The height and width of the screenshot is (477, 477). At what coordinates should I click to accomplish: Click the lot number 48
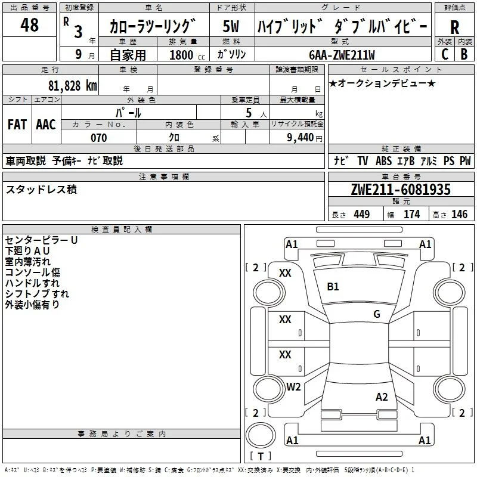(29, 24)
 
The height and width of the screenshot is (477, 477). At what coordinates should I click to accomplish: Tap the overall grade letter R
(454, 27)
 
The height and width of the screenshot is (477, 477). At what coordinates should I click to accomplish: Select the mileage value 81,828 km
(73, 86)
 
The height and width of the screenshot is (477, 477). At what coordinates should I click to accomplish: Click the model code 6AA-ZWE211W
(342, 55)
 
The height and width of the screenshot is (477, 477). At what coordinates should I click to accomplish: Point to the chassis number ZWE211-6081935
(401, 190)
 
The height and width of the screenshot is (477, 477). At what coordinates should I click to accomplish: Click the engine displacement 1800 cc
(187, 55)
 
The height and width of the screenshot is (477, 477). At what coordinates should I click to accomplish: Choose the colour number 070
(99, 138)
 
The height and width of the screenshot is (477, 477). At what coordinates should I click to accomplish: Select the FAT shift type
(17, 125)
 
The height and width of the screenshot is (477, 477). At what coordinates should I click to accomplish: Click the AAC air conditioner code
(46, 125)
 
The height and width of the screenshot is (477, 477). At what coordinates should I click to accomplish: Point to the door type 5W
(231, 26)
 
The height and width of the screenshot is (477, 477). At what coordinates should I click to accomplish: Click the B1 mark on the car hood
(333, 287)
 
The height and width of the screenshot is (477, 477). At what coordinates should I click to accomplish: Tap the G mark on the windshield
(377, 314)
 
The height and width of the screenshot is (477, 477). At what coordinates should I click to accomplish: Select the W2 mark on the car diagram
(293, 387)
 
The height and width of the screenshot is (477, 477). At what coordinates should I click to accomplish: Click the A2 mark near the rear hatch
(382, 397)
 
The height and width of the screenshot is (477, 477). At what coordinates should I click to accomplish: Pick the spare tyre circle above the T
(261, 436)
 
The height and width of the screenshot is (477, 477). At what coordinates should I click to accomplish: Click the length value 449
(362, 214)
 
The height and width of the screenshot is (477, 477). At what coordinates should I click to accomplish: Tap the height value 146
(459, 214)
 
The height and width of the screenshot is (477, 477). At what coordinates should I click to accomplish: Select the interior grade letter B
(464, 54)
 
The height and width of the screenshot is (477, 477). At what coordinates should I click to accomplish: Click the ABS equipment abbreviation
(383, 161)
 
